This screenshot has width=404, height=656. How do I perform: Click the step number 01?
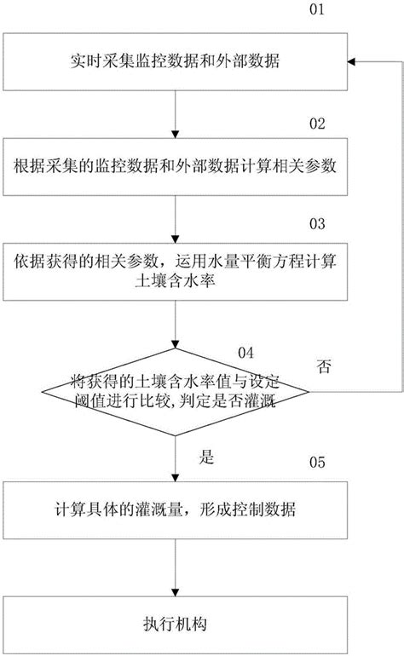pyautogui.click(x=315, y=12)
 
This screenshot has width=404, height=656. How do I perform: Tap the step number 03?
pyautogui.click(x=317, y=223)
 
